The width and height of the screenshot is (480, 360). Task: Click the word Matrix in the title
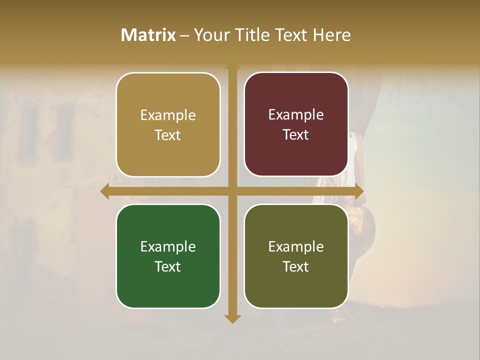point(148,35)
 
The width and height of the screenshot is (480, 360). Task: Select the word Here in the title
point(332,35)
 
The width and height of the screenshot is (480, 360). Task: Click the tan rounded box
point(168,124)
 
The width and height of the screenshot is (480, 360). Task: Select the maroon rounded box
point(296,124)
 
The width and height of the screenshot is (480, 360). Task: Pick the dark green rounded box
point(168,256)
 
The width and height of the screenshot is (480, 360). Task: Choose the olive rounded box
point(296,256)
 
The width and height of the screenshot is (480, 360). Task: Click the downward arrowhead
point(232,318)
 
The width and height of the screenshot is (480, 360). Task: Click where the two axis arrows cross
point(232,191)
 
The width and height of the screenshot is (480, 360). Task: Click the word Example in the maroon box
point(296,115)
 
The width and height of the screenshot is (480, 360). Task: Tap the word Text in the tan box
point(168,135)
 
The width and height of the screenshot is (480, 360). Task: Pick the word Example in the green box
point(168,246)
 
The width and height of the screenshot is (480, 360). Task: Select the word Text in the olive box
point(296,266)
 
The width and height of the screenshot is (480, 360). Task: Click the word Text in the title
point(290,35)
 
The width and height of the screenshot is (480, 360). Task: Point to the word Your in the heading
point(209,35)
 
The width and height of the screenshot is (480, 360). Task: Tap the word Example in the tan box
point(168,115)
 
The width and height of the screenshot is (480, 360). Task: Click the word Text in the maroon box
point(296,134)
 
